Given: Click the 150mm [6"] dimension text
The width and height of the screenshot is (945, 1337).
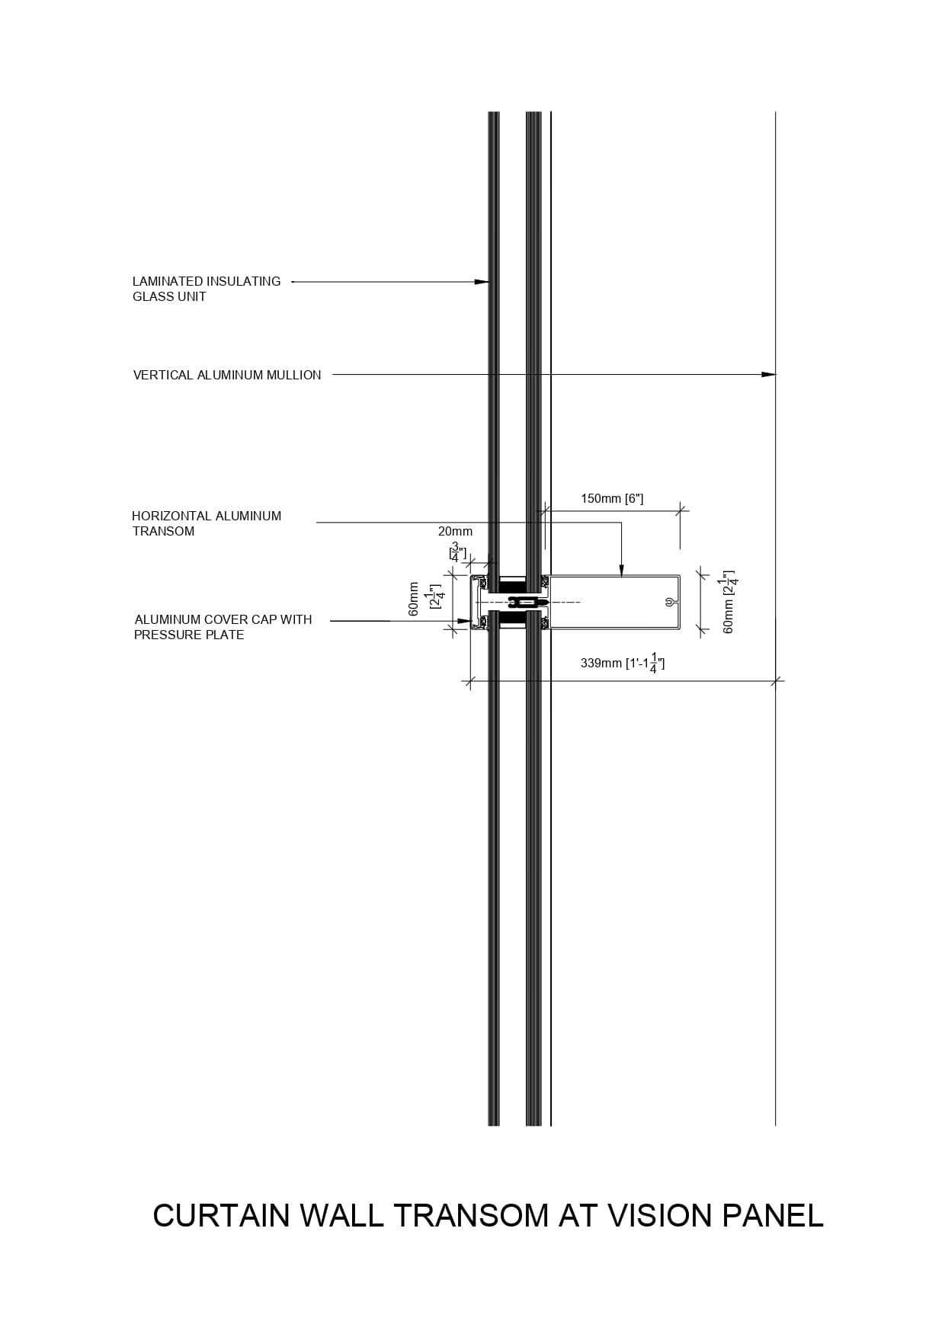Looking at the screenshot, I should tap(612, 499).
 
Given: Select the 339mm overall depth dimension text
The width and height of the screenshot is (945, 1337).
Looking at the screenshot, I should tap(622, 663).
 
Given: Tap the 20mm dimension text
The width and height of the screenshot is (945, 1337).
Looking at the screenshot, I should tap(455, 531).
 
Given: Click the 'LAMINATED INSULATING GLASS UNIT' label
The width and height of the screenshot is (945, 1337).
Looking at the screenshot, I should tap(207, 289).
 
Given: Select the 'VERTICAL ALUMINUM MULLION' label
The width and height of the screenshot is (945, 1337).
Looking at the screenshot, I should tap(227, 375).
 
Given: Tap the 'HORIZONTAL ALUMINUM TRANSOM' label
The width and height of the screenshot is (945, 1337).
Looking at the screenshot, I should tap(207, 523).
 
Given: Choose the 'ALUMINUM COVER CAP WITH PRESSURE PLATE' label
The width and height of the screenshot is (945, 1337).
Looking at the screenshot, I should tap(223, 627).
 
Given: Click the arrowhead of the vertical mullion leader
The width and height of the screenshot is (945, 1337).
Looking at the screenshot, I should tap(770, 375).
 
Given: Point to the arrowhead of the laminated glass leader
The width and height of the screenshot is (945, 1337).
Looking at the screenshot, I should tap(482, 282).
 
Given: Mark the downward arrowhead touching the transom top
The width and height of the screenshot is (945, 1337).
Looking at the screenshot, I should tap(621, 570).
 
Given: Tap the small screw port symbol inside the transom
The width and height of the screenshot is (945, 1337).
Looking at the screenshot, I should tap(668, 602).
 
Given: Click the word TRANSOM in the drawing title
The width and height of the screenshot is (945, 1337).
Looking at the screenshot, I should tap(470, 1215).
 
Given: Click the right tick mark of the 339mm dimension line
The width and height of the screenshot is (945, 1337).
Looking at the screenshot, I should tap(776, 680).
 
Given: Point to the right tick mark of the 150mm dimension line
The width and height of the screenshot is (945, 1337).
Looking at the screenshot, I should tap(680, 510).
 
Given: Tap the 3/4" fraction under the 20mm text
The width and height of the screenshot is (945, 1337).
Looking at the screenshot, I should tap(456, 552).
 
